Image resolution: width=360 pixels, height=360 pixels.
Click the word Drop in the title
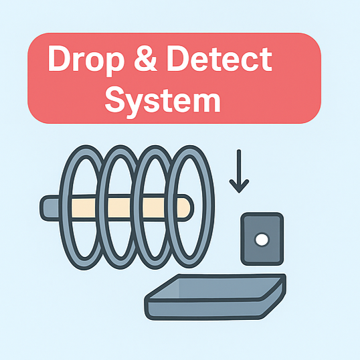(x=86, y=60)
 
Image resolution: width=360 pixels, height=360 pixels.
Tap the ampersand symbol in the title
(x=145, y=58)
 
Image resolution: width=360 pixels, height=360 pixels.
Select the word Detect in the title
(x=219, y=59)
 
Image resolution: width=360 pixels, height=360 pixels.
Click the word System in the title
(x=163, y=100)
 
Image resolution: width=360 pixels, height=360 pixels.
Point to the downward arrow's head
(x=239, y=186)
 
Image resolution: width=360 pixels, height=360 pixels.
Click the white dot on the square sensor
(x=262, y=240)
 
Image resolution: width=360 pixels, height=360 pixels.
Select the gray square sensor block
(x=262, y=239)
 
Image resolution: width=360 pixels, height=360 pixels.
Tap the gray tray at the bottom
(x=215, y=296)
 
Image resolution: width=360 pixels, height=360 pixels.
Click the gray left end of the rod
(x=50, y=208)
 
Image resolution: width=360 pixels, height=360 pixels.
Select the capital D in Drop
(x=59, y=58)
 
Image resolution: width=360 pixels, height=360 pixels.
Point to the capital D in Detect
(x=178, y=58)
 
